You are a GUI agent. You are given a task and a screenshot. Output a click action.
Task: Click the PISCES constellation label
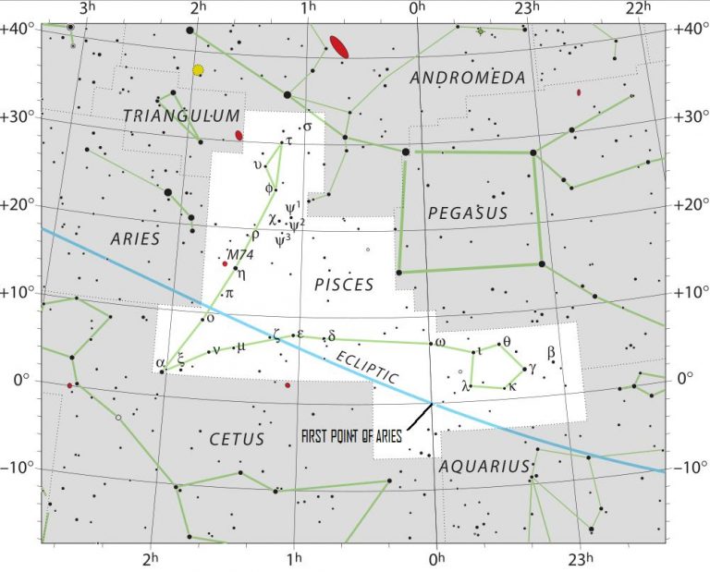point(344,284)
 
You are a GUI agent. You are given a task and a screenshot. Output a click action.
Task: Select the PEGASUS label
point(468,213)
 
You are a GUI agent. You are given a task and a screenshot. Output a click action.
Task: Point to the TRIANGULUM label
point(181,116)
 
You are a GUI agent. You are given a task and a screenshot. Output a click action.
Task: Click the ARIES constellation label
point(135,238)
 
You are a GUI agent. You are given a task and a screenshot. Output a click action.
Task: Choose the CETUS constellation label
point(236,439)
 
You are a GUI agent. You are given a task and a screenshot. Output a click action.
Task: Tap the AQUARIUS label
point(484,466)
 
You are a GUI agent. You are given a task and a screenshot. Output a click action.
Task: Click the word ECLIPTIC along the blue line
point(367,367)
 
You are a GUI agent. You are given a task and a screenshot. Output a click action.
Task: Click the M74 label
point(239,255)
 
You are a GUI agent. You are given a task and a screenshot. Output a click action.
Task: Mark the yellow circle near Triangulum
point(198,70)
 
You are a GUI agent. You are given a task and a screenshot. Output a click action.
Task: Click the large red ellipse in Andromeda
point(339,46)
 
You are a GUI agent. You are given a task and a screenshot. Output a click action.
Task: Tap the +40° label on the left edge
point(17,28)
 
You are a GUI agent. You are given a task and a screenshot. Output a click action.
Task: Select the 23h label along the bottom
point(580,559)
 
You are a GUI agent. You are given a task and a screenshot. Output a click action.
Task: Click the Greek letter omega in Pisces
point(440,342)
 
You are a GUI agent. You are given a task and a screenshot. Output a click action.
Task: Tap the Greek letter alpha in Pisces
point(160,361)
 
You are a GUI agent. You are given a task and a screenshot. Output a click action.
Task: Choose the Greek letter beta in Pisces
point(551,351)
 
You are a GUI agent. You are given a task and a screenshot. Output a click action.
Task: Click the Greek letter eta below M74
point(241,273)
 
